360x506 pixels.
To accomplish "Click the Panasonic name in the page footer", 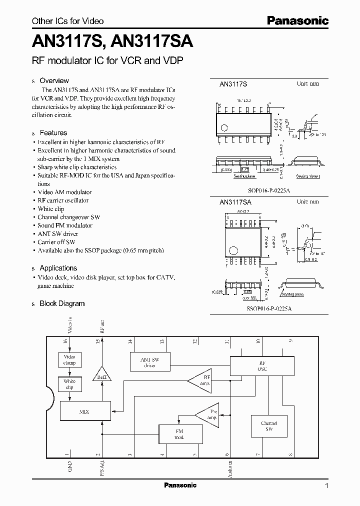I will (x=180, y=485).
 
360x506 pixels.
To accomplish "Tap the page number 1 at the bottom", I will (x=326, y=485).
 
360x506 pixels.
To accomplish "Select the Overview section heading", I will (x=54, y=80).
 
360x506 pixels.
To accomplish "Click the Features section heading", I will (x=53, y=132).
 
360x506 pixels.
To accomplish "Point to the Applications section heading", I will (x=58, y=268).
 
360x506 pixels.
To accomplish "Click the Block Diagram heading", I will (x=62, y=303).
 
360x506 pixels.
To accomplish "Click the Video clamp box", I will (x=69, y=360).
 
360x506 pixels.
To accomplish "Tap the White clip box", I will (x=69, y=384).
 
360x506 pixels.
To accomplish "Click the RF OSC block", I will (x=262, y=366).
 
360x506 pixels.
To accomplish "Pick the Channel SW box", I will (x=268, y=426).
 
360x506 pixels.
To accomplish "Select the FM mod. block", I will (x=179, y=434).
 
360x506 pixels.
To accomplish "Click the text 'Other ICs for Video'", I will (x=67, y=21).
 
